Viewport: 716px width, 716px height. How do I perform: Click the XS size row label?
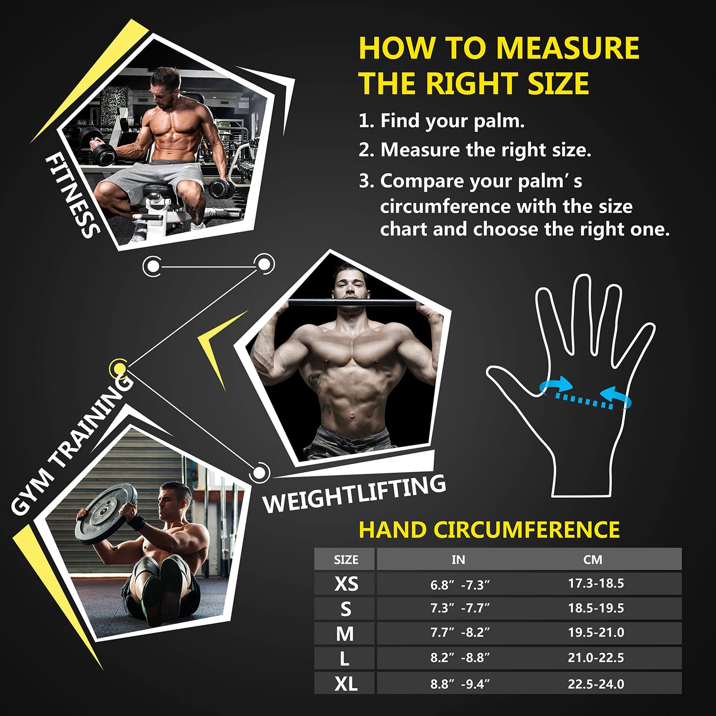(x=346, y=584)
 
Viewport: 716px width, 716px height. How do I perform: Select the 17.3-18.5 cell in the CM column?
(x=596, y=583)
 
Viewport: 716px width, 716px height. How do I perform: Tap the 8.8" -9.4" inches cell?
(x=460, y=684)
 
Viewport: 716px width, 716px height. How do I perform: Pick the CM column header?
(x=593, y=560)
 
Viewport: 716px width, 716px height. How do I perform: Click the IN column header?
(x=458, y=560)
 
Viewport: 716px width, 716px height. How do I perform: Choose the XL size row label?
(x=346, y=684)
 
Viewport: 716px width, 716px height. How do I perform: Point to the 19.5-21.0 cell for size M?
(x=596, y=633)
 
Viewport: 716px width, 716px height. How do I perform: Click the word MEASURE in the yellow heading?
(x=567, y=48)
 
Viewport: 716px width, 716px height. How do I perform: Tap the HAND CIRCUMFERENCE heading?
(x=489, y=530)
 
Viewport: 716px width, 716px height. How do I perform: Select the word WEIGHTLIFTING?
(x=354, y=494)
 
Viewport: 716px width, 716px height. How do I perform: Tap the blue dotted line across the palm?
(x=585, y=399)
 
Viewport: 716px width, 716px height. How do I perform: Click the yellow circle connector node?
(x=119, y=368)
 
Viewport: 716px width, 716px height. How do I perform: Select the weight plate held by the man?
(x=106, y=513)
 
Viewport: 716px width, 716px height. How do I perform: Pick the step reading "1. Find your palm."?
(x=441, y=121)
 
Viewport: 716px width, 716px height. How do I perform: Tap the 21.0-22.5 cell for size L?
(x=596, y=658)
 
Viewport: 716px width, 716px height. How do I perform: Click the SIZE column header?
(x=346, y=560)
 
